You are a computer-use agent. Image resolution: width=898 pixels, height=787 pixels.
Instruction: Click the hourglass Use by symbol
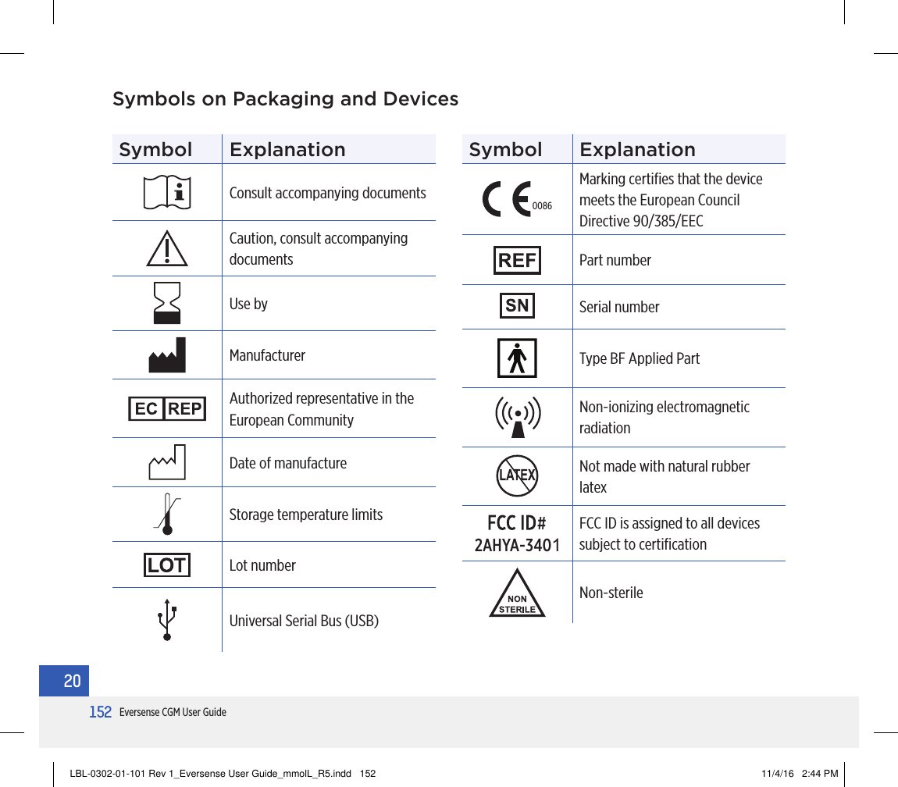(167, 303)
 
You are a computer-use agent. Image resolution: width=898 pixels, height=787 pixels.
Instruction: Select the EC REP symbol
(167, 409)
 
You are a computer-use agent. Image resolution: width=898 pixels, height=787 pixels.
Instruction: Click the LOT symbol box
(167, 564)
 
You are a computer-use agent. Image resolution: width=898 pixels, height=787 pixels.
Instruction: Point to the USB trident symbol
(167, 620)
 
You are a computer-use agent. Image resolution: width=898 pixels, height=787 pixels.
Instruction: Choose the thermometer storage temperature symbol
(167, 515)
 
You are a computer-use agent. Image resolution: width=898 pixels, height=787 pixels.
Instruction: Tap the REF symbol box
(517, 260)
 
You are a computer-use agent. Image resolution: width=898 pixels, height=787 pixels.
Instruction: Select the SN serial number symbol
(517, 306)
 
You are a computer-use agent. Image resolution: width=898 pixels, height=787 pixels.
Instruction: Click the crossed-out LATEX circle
(517, 475)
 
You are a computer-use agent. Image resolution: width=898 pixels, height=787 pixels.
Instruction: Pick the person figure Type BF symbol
(517, 358)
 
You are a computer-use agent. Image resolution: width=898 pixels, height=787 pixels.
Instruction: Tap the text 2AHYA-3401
(517, 545)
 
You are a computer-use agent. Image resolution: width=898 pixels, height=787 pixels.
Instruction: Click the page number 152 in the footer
(100, 712)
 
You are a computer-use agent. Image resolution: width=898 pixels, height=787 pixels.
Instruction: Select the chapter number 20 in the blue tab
(72, 682)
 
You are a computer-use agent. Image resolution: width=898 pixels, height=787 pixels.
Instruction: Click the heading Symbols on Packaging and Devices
(285, 100)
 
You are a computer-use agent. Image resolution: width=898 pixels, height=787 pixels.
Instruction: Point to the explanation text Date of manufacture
(287, 463)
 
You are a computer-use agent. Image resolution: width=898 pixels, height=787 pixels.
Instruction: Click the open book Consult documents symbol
(167, 192)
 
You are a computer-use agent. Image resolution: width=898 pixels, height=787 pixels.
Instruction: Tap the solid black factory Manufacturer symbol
(167, 356)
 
